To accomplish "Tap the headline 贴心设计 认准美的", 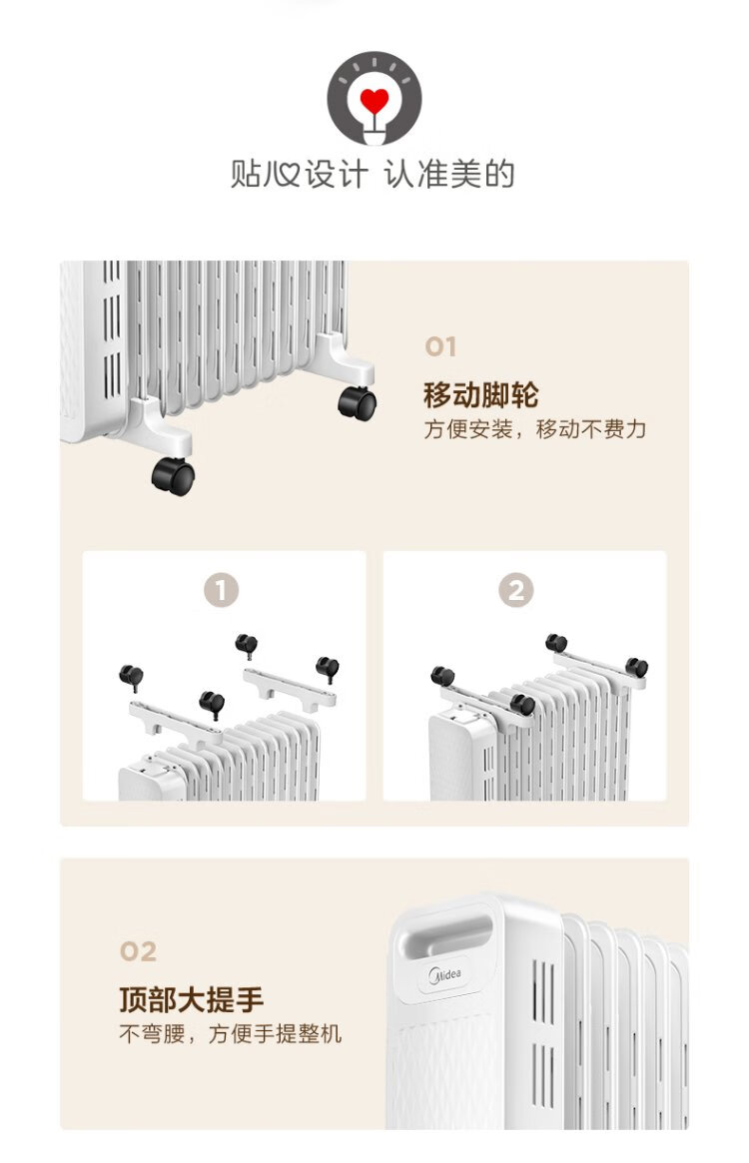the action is click(x=373, y=175).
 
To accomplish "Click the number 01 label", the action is click(x=440, y=346).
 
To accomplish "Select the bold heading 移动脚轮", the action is click(x=481, y=394).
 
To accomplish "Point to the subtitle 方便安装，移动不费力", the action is click(x=535, y=429).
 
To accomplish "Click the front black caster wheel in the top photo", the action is click(x=174, y=477).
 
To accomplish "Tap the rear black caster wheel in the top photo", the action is click(x=358, y=403).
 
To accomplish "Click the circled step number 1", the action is click(x=222, y=591).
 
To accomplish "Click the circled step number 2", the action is click(x=516, y=591).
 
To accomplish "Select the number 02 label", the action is click(x=138, y=951).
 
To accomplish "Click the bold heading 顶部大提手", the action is click(x=192, y=999).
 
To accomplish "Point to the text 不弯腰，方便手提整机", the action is click(x=231, y=1034).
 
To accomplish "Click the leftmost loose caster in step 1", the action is click(x=132, y=677).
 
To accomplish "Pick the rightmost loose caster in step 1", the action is click(x=328, y=669).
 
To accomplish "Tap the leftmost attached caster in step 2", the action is click(x=442, y=677).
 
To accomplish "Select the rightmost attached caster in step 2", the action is click(x=636, y=668).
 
